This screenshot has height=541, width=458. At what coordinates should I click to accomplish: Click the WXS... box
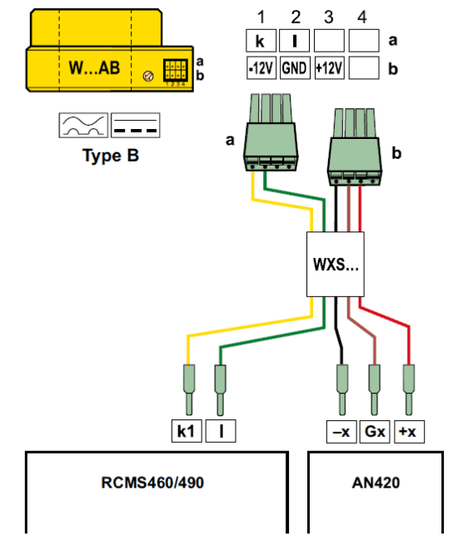335,264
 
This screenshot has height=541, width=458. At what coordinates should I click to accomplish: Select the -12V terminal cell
261,68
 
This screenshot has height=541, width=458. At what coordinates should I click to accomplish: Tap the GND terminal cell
295,68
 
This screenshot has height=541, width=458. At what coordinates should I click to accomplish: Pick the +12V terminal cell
329,68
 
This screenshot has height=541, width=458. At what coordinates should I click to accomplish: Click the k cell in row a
261,41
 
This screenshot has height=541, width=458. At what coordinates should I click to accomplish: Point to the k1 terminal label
187,431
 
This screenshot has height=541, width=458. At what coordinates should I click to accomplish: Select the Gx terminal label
375,431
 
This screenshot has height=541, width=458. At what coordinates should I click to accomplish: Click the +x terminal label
409,431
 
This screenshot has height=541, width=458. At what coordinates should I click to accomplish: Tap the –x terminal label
341,431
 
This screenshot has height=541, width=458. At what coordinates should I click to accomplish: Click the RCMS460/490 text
152,483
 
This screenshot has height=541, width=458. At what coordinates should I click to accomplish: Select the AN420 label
376,483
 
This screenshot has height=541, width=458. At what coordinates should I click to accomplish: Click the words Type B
111,156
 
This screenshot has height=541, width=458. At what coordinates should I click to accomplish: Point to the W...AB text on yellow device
94,67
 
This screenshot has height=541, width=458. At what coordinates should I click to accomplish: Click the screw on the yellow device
148,76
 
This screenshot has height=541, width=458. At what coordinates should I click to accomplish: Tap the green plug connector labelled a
271,132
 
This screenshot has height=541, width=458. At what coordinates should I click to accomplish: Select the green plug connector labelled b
355,147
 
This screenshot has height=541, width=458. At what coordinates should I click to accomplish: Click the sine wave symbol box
83,125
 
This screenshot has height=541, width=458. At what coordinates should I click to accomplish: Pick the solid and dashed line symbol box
135,125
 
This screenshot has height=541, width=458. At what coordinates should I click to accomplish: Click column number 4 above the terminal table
362,17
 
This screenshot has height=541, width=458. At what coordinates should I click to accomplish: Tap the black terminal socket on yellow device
176,70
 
